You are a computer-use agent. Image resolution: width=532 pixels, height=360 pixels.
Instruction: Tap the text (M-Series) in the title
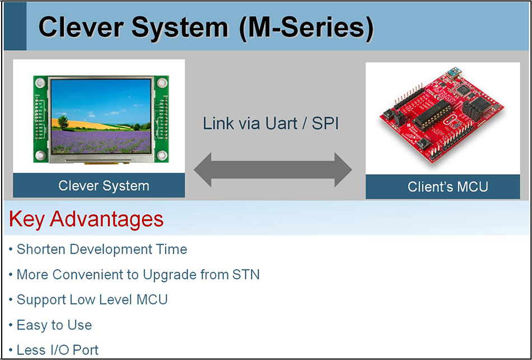[x=305, y=27]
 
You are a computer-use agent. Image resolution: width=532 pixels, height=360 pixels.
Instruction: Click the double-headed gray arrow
[x=273, y=169]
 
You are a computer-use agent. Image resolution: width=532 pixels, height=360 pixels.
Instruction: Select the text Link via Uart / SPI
[x=271, y=123]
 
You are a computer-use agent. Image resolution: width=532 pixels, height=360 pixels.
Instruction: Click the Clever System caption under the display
[x=104, y=186]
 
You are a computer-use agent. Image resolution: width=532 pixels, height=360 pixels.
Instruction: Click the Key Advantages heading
[x=86, y=219]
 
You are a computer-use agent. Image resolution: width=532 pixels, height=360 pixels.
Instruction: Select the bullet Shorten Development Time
[x=101, y=249]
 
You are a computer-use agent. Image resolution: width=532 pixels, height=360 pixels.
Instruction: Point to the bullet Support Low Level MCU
[x=92, y=300]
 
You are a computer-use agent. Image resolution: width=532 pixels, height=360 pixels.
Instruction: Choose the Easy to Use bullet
[x=54, y=325]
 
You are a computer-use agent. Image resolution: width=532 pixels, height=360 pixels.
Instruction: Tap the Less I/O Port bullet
[x=58, y=350]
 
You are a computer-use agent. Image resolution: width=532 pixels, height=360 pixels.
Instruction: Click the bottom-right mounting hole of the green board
[x=162, y=155]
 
